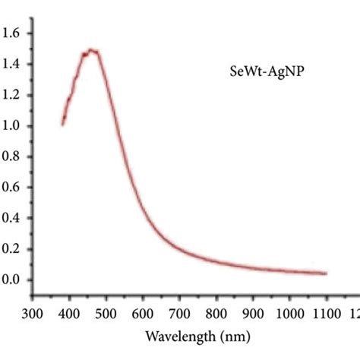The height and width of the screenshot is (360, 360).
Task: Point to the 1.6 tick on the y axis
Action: pyautogui.click(x=14, y=33)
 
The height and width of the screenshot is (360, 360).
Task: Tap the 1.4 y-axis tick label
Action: pyautogui.click(x=14, y=65)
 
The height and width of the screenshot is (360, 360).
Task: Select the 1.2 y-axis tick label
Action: pyautogui.click(x=14, y=95)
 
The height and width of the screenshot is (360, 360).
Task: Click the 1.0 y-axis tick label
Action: pyautogui.click(x=14, y=126)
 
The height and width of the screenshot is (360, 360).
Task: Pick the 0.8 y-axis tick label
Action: pyautogui.click(x=14, y=156)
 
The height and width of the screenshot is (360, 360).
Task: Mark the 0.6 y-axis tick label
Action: pyautogui.click(x=14, y=188)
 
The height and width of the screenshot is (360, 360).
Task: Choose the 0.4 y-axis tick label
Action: pyautogui.click(x=14, y=218)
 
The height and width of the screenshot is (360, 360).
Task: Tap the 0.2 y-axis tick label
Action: pyautogui.click(x=14, y=249)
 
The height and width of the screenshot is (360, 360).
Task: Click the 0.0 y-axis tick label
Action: pyautogui.click(x=14, y=279)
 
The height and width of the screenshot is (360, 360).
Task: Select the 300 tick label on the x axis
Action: pyautogui.click(x=33, y=312)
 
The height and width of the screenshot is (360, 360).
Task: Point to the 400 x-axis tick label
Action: pyautogui.click(x=69, y=312)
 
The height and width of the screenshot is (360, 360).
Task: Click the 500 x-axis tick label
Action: pyautogui.click(x=106, y=312)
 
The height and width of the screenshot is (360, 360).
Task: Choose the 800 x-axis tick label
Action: pyautogui.click(x=216, y=312)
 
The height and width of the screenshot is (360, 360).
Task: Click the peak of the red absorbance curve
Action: pyautogui.click(x=91, y=50)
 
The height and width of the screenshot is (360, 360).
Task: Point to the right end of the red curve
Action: pyautogui.click(x=326, y=273)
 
